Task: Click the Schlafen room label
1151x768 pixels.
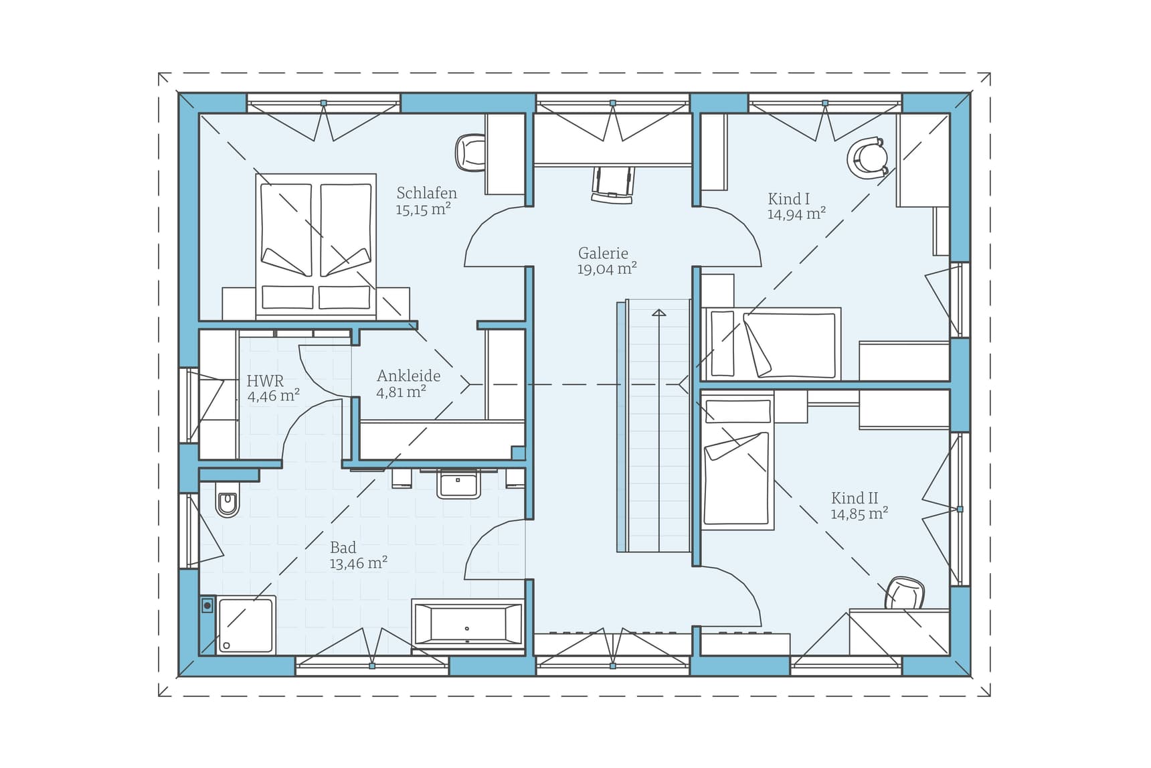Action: [x=426, y=193]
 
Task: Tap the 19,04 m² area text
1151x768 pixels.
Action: [x=606, y=269]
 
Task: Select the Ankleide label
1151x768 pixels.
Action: [x=408, y=376]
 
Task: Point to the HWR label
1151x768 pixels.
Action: [x=265, y=381]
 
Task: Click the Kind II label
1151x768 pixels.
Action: [x=854, y=498]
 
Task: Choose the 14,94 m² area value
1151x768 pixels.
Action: [x=796, y=214]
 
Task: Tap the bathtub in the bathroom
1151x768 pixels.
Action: [x=467, y=624]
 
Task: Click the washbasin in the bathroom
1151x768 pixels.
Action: [x=458, y=483]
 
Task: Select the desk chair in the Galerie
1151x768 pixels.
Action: [x=612, y=185]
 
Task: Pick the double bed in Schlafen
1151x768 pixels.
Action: [x=315, y=245]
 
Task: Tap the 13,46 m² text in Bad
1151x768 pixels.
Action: [x=358, y=564]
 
